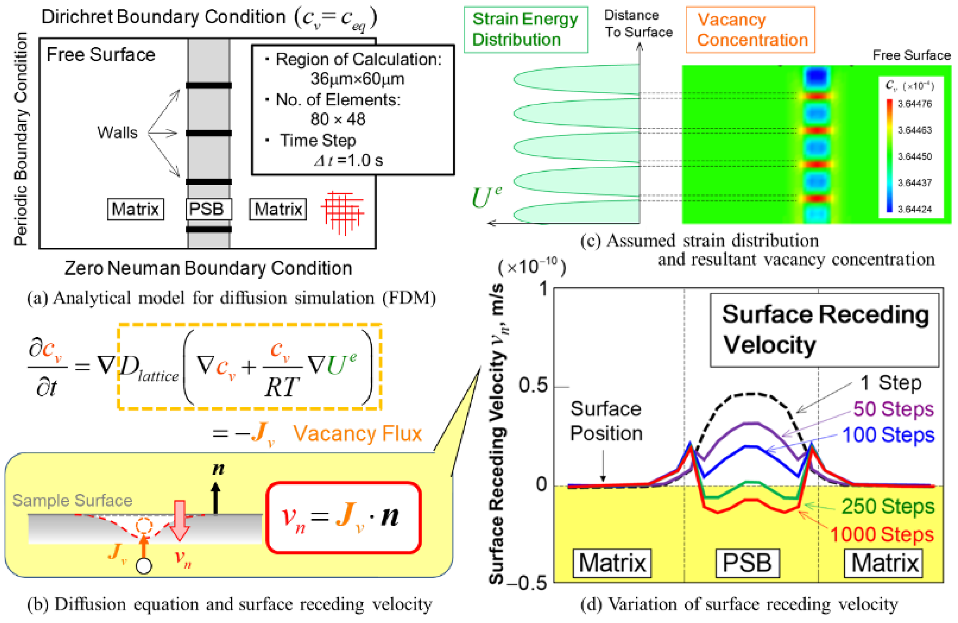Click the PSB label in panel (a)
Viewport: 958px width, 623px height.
[x=208, y=209]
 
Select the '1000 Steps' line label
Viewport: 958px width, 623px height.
[x=882, y=534]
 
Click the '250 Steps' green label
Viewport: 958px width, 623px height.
[x=887, y=506]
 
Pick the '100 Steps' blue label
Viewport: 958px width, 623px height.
[x=888, y=435]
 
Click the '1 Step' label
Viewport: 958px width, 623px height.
[x=890, y=383]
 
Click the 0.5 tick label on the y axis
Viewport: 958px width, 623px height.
[x=533, y=385]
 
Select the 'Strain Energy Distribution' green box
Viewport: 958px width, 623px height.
[x=525, y=29]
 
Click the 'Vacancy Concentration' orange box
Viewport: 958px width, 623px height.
[x=750, y=30]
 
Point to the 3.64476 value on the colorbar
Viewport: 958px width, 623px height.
[x=914, y=104]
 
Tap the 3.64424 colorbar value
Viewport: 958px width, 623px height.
[x=914, y=209]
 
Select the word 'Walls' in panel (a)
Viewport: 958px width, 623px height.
[x=117, y=132]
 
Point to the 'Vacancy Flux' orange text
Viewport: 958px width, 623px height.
[x=357, y=433]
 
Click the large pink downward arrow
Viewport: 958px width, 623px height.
[x=179, y=520]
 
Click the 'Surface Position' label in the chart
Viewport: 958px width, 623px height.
[x=606, y=421]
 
